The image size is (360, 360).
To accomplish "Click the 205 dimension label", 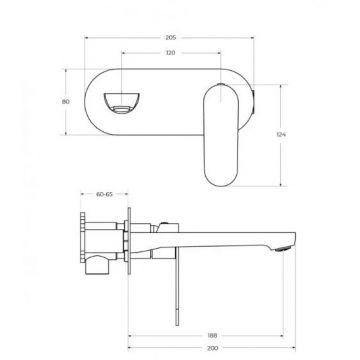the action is point(171,38).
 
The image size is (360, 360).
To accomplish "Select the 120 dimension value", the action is point(170,53).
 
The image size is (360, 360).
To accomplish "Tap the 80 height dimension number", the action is point(66,102).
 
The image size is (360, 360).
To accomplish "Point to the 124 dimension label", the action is point(281,135).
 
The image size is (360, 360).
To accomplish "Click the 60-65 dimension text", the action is point(104,194).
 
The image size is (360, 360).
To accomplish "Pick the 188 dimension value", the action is point(212,336).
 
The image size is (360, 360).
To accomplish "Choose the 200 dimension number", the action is point(213,348).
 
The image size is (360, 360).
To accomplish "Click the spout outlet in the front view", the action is point(121,103).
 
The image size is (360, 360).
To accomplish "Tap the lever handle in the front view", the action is point(221,135).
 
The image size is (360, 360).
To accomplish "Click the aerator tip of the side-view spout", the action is point(283,248).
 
